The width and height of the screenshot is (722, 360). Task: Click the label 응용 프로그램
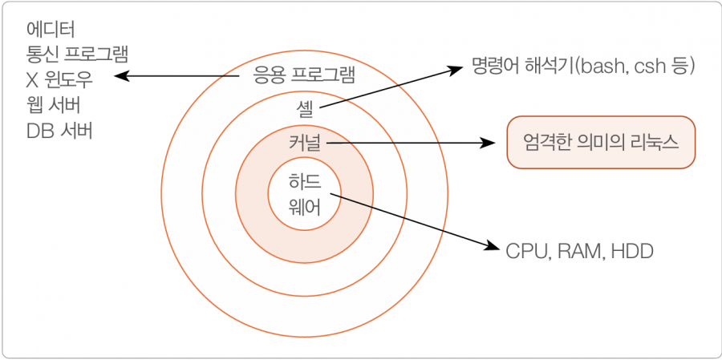coord(304,75)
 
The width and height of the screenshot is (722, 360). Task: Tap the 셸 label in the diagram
coord(304,109)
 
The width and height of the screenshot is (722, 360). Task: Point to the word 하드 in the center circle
coord(305,181)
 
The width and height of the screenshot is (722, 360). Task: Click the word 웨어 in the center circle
coord(305,208)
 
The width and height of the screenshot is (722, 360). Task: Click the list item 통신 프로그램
coord(77,55)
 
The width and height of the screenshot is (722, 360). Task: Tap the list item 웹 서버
coord(54,106)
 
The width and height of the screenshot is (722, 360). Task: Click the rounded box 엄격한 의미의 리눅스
coord(601,142)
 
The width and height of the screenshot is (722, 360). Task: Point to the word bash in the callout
coord(596,67)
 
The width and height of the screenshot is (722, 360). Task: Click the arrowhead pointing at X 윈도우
coord(120,75)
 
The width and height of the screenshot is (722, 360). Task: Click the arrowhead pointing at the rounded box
coord(489,144)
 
